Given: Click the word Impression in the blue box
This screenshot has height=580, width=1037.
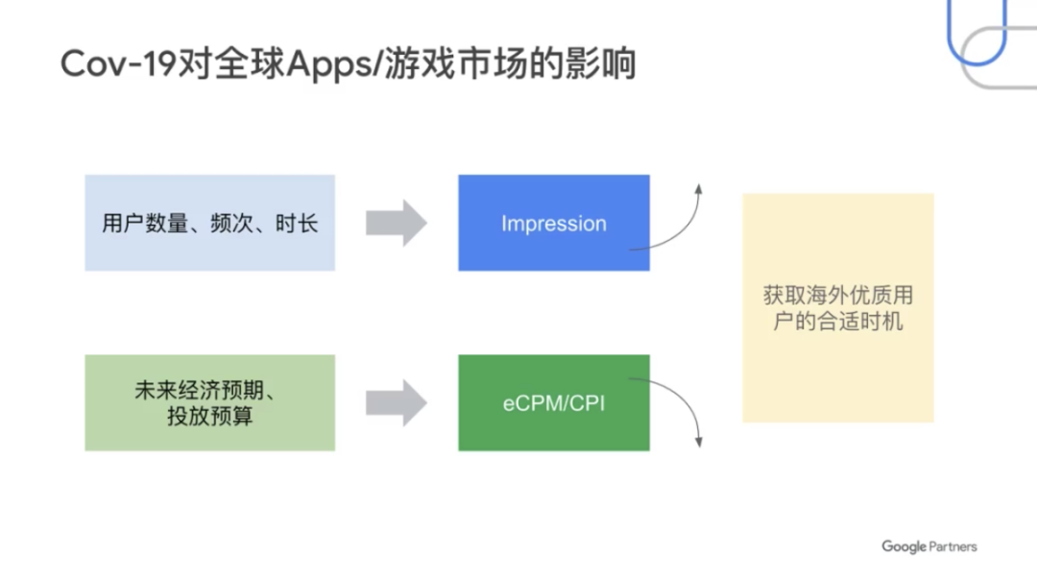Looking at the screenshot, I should (553, 224).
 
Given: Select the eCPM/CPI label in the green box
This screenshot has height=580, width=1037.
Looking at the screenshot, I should (553, 403).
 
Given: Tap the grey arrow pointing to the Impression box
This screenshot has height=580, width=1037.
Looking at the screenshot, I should (396, 224).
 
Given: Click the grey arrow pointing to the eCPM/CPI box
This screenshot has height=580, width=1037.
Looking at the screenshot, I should (396, 402).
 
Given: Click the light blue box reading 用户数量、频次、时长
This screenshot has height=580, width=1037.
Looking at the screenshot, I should (209, 223).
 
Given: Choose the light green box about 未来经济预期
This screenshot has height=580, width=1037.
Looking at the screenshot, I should (209, 402).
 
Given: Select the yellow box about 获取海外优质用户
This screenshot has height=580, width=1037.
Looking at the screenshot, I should (837, 307).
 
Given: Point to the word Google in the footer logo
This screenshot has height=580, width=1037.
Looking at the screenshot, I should (904, 547).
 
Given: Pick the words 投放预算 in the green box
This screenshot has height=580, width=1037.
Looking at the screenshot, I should (209, 417).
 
